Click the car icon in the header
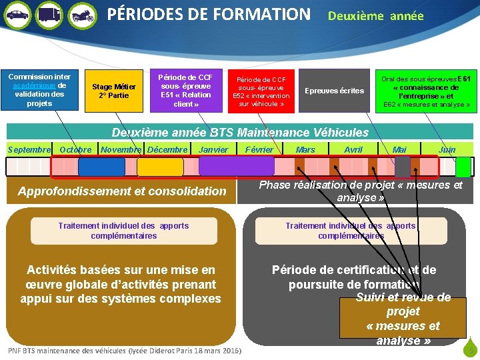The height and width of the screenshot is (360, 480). coord(17,15)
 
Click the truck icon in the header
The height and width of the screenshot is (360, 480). coord(49,15)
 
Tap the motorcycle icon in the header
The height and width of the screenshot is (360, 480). coord(82,15)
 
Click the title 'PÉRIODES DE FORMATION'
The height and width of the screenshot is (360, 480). coord(209,14)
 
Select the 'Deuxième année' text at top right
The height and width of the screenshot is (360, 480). coord(375,16)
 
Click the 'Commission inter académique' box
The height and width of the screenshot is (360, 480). coord(39,90)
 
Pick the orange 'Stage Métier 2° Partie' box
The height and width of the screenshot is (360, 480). coord(114,91)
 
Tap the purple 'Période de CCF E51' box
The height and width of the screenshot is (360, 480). coord(186,90)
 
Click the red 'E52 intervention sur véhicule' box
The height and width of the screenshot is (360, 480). coord(261,91)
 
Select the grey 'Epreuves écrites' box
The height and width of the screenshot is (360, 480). coord(334,91)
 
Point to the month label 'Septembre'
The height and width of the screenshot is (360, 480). coord(29,150)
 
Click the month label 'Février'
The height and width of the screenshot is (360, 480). coord(259,150)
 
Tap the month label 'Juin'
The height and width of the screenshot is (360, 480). coord(447,150)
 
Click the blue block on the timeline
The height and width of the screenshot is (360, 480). coord(101,166)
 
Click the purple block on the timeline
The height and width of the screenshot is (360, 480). coord(236,166)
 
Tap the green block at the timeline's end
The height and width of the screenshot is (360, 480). coord(463,167)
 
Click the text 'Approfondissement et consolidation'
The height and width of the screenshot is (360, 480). coord(122,191)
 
